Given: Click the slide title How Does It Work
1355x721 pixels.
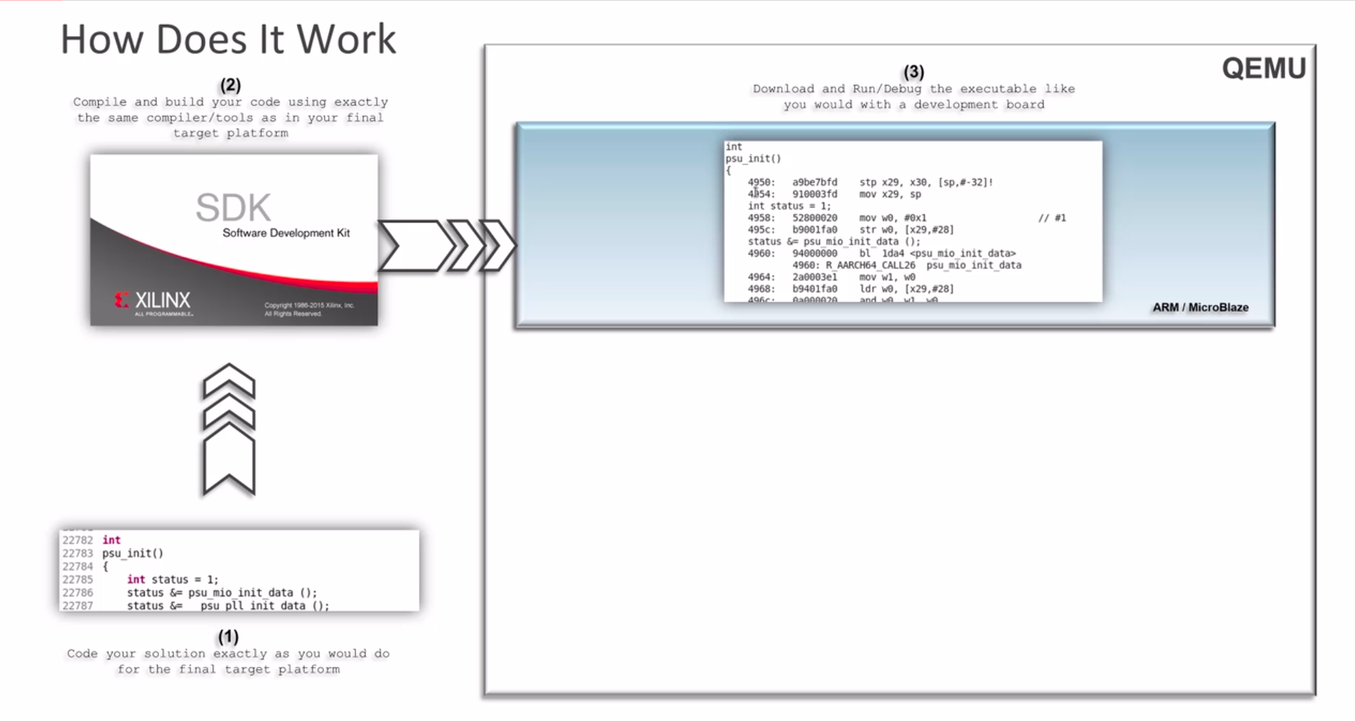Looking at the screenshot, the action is coord(228,39).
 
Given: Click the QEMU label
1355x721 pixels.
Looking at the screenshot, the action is coord(1264,68).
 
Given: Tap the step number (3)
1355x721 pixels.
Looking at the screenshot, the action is coord(913,72).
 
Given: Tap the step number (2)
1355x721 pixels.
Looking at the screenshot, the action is coord(230,86).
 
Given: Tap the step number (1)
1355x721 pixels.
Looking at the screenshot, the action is coord(228,636).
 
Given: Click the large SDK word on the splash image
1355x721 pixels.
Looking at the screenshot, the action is coord(233,208).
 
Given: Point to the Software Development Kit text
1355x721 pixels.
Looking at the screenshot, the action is coord(286,233).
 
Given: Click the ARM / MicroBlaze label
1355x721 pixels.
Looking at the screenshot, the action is coord(1200,307).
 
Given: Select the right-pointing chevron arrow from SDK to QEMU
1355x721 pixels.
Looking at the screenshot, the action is coord(446,246).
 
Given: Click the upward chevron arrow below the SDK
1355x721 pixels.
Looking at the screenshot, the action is coord(229,429).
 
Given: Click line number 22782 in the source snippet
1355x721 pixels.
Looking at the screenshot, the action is coord(77,541).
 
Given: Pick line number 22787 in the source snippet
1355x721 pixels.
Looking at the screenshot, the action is coord(77,605).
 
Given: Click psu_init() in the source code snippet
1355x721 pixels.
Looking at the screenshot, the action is coord(133,553).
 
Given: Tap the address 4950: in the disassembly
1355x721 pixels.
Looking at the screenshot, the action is coord(761,183).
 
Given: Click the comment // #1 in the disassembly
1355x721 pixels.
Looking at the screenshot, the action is coord(1052,218).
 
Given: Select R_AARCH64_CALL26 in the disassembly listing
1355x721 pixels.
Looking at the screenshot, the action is coord(871,265).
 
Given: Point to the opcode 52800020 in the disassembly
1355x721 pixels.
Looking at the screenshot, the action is coord(814,218).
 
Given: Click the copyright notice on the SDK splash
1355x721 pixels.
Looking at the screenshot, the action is coord(309,310).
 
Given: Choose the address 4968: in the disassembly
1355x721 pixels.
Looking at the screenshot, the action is coord(761,289).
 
